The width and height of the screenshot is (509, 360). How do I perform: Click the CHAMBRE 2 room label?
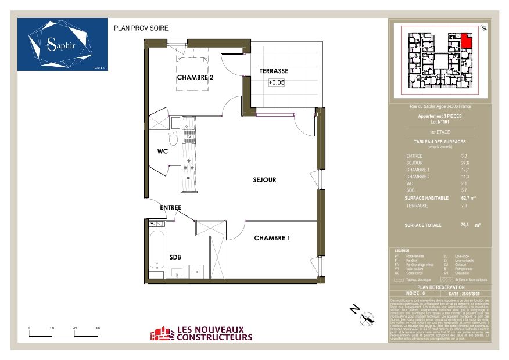199,77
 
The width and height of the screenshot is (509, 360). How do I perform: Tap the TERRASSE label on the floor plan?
274,71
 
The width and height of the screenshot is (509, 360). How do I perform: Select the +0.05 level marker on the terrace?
277,82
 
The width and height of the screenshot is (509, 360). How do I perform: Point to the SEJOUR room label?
264,180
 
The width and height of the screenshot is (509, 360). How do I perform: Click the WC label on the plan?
163,152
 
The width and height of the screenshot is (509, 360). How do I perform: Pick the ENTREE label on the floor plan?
171,207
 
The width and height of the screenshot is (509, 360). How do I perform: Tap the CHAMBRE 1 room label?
272,238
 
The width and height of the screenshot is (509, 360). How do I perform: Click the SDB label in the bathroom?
175,257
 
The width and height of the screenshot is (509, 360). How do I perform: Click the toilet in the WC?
173,140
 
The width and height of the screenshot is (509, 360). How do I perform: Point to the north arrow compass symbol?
366,317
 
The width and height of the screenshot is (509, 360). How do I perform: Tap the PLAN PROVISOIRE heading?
141,27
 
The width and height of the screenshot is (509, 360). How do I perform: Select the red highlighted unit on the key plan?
466,41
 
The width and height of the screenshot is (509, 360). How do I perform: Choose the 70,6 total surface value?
465,225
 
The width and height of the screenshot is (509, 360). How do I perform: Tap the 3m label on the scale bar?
98,328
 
